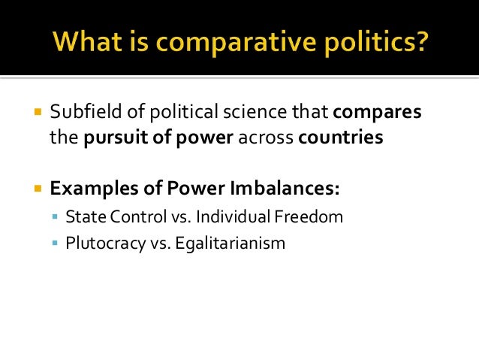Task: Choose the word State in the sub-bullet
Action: pos(83,217)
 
